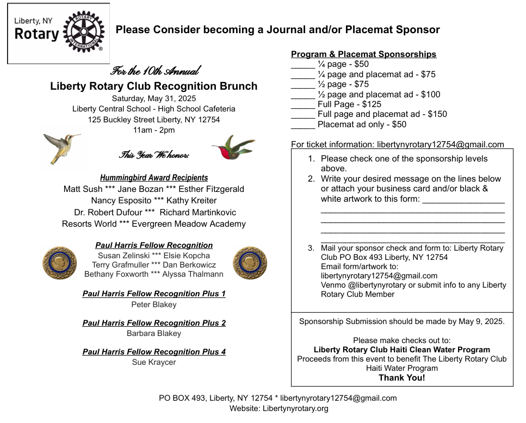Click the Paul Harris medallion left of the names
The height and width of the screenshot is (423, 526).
[x=60, y=263]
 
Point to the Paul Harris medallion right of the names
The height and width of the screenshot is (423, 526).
[x=250, y=263]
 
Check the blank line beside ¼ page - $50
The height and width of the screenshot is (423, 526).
[x=303, y=65]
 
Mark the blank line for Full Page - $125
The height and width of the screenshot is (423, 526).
[x=303, y=105]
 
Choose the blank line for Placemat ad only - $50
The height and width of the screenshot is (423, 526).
[x=303, y=125]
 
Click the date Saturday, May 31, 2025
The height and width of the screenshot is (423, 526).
[x=154, y=98]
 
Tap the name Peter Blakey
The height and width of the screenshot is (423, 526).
[x=154, y=304]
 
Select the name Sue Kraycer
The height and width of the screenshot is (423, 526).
[x=154, y=362]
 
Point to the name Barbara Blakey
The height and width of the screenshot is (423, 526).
[x=154, y=333]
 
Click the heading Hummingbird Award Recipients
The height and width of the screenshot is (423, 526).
[x=154, y=178]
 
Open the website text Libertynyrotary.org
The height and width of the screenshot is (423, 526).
[x=295, y=408]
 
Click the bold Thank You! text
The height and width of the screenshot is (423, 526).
[x=402, y=378]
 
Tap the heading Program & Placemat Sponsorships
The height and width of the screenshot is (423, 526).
[x=363, y=54]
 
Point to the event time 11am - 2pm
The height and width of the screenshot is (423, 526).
[x=154, y=130]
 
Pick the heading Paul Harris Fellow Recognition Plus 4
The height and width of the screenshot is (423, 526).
[x=154, y=352]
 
